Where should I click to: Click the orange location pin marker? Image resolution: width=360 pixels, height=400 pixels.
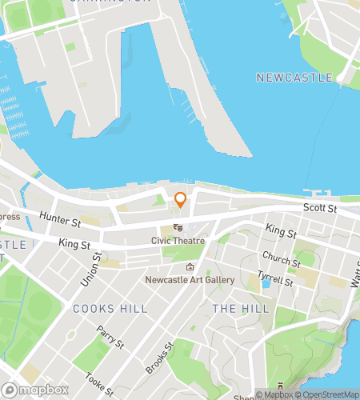(180, 201)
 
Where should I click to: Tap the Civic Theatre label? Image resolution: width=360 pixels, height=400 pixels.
(178, 241)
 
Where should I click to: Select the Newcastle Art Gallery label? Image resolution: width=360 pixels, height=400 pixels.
(190, 280)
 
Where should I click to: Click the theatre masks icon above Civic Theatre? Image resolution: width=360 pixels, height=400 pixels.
(177, 228)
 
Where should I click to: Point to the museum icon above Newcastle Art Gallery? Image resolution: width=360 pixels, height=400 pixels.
(190, 267)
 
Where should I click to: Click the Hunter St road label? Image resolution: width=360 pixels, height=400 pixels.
(62, 218)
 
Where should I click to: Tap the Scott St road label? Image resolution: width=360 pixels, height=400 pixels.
(320, 208)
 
